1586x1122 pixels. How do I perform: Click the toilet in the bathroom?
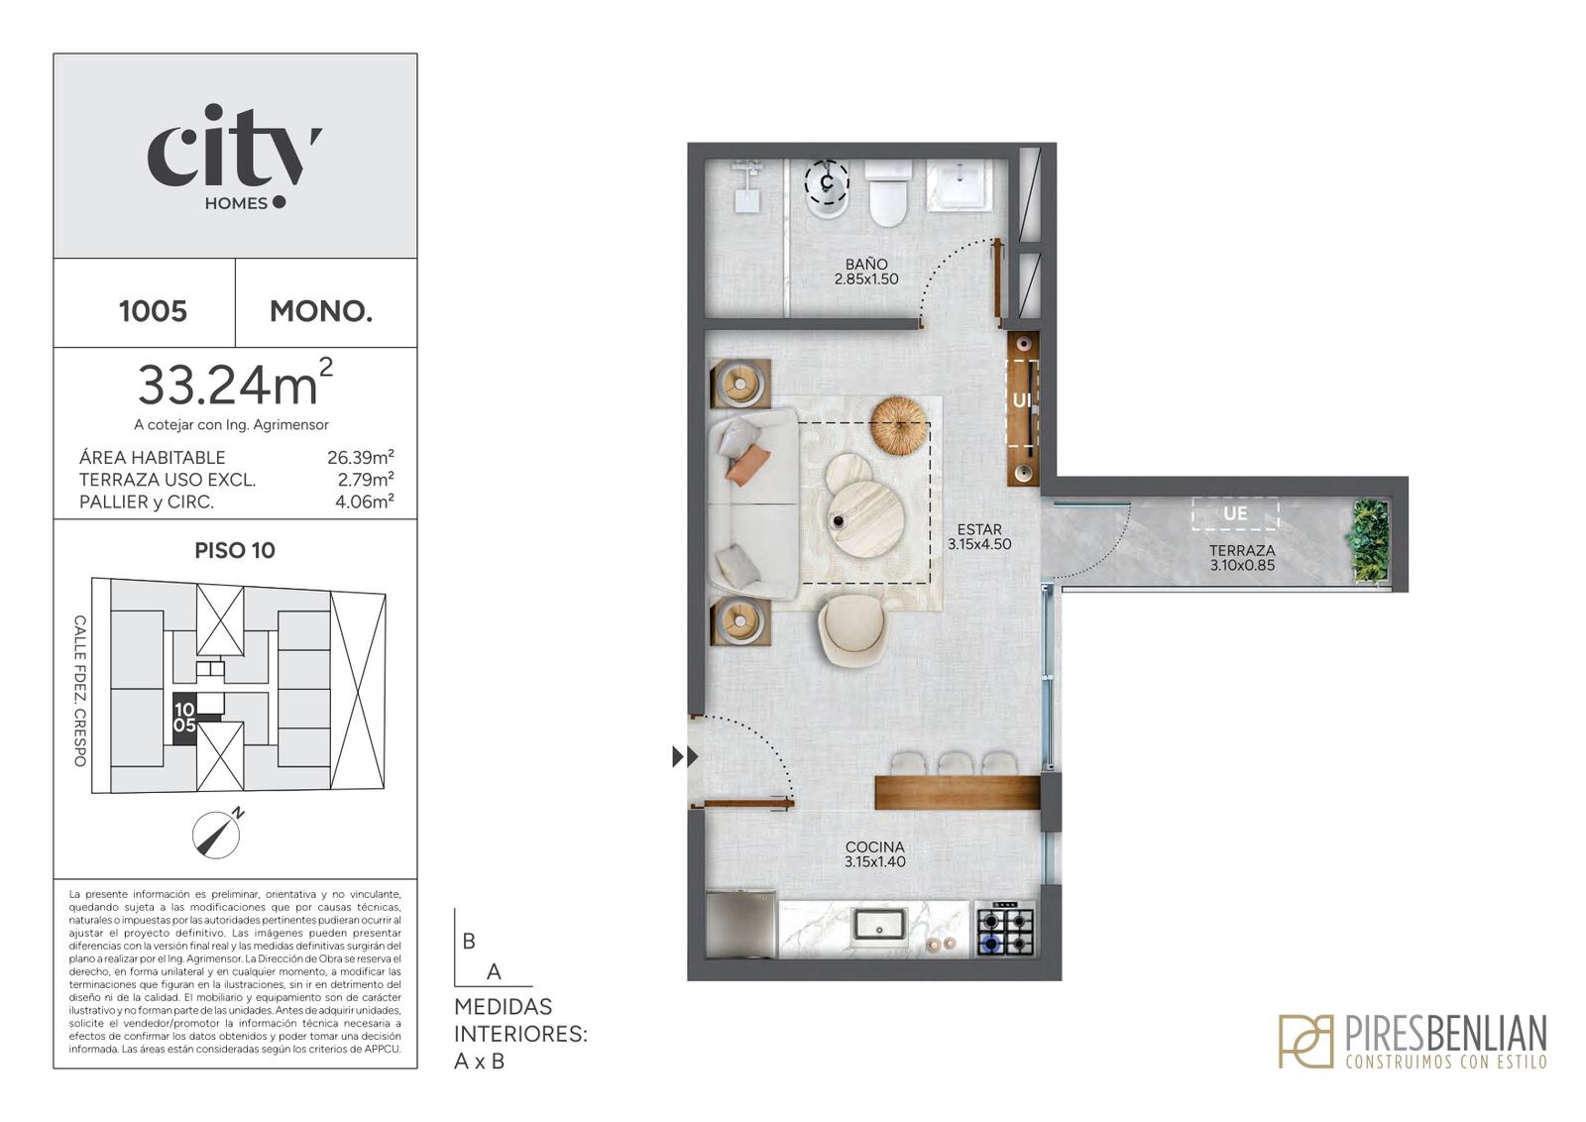coord(888,192)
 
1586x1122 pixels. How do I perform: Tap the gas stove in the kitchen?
coord(1006,929)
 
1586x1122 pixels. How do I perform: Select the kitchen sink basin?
coord(878,924)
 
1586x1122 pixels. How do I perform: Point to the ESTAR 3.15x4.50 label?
coord(979,536)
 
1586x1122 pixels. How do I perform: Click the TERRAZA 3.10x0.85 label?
coord(1242,558)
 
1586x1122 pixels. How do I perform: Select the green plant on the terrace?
coord(1370,541)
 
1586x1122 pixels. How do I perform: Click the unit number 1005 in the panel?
coord(153,311)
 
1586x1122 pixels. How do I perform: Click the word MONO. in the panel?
coord(321,311)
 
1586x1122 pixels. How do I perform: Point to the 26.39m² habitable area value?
coord(361,457)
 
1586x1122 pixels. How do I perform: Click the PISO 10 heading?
coord(235,551)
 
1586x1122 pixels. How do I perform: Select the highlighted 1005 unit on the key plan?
coord(185,717)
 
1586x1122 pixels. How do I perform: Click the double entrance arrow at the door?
coord(685,756)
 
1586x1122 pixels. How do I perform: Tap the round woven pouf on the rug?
coord(899,425)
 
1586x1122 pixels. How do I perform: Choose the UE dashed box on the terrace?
coord(1235,513)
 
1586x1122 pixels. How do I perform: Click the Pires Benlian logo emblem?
coord(1304,1042)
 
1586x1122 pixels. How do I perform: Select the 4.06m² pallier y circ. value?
coord(365,502)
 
